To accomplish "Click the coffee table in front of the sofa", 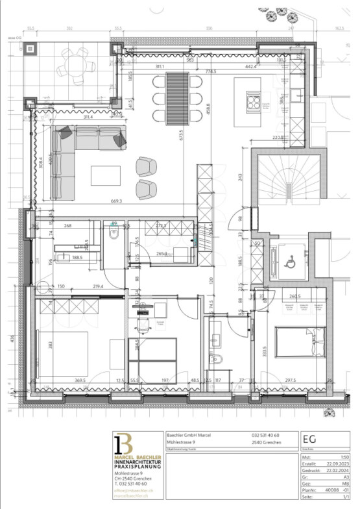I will [105, 175].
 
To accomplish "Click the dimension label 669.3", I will [117, 202].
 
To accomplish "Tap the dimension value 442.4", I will [251, 67].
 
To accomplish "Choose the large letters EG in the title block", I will [310, 438].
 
